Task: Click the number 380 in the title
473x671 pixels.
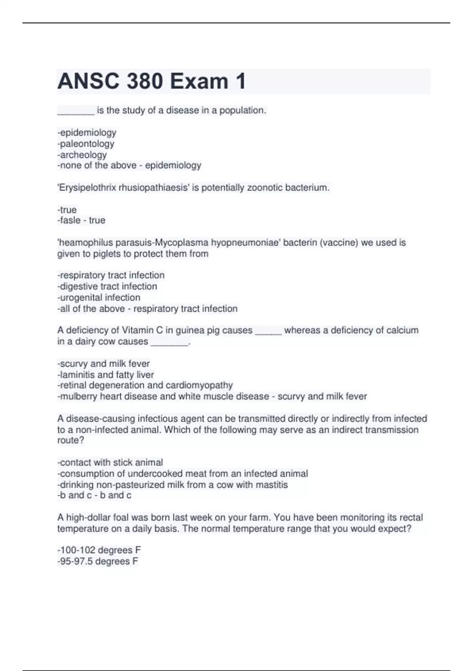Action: pos(144,81)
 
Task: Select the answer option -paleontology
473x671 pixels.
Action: pos(86,144)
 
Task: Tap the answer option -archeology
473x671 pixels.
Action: pos(82,155)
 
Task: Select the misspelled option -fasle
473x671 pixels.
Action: pos(69,220)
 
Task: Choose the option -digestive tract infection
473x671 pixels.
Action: pos(107,286)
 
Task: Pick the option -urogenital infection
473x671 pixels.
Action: pos(99,297)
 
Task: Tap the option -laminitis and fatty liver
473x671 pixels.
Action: pos(106,375)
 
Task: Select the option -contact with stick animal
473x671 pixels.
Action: pos(110,462)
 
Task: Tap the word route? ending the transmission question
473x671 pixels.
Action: pos(71,440)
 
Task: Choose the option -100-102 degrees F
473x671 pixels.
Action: pos(99,550)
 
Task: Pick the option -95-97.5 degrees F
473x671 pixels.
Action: pos(98,561)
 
